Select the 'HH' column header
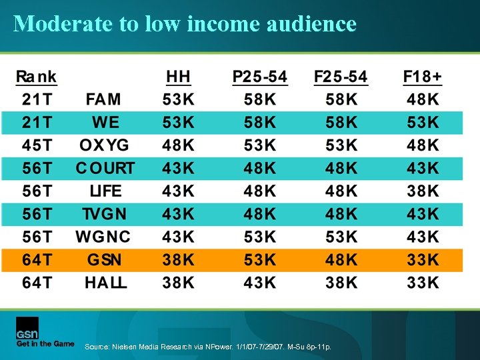[178, 77]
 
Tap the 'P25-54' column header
[259, 77]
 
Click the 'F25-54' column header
[341, 77]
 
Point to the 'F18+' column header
[422, 77]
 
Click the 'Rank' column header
[37, 77]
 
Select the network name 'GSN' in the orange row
[103, 259]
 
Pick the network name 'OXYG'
[103, 145]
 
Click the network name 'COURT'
[105, 168]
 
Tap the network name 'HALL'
[105, 282]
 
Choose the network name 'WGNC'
[103, 237]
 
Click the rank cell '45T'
[37, 145]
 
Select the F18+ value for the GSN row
[423, 259]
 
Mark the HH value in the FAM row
[179, 100]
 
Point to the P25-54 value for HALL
[260, 282]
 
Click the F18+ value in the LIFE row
[423, 191]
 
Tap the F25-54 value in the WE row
[341, 123]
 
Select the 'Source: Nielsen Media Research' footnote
[207, 347]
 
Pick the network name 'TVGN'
[104, 214]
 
